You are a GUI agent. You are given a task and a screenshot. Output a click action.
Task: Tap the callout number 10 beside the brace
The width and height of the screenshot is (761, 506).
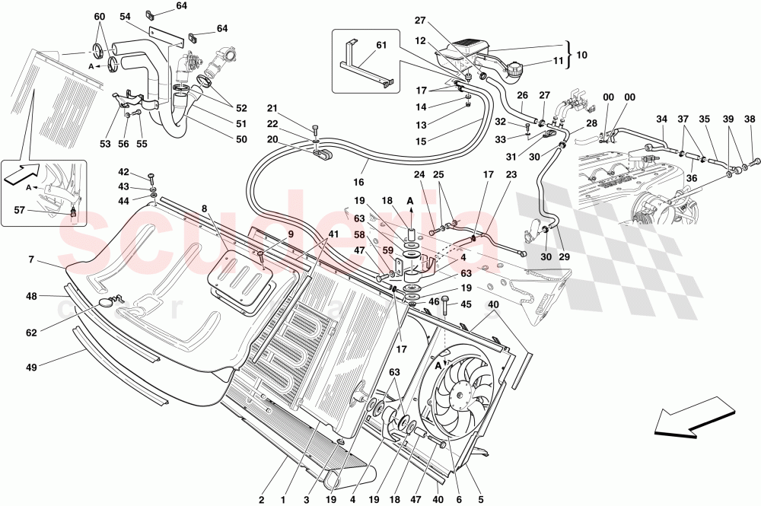click(x=582, y=56)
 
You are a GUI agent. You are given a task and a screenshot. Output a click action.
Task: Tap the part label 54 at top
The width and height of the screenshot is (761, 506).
click(x=125, y=16)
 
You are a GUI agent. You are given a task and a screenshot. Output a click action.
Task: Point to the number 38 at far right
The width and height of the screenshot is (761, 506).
click(x=750, y=119)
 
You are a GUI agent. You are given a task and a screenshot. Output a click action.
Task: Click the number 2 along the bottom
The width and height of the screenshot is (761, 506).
click(x=261, y=500)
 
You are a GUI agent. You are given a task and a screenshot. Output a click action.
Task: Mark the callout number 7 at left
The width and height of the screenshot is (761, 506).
click(x=32, y=260)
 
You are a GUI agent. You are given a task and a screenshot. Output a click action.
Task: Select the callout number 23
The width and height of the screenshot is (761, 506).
click(x=511, y=173)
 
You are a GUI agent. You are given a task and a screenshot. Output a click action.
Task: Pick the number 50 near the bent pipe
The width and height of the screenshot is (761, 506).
click(x=241, y=139)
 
